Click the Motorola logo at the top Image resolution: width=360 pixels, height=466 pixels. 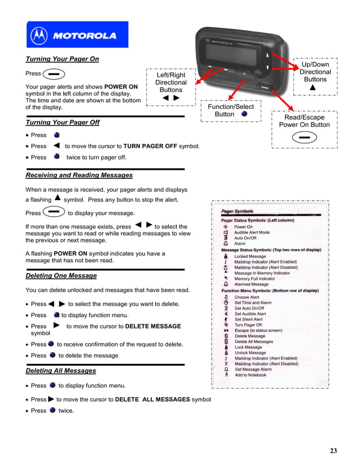(x=77, y=35)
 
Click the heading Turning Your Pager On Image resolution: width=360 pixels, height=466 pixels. (x=62, y=59)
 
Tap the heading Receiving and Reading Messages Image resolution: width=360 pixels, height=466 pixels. (x=79, y=175)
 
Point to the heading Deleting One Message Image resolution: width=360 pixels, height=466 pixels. (x=61, y=276)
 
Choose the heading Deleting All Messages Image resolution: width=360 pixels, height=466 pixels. (x=60, y=371)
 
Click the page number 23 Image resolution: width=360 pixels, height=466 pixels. (x=333, y=450)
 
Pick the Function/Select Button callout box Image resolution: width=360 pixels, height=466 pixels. (x=231, y=110)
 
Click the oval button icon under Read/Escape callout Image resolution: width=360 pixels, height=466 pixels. (x=304, y=137)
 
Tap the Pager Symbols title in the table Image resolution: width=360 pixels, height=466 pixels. (x=237, y=212)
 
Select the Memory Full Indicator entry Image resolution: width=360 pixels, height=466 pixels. (x=254, y=279)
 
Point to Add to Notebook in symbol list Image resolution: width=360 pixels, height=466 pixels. (x=251, y=375)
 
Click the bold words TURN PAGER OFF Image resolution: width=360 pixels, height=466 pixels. (x=150, y=146)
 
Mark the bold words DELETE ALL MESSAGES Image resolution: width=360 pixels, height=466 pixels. (x=152, y=399)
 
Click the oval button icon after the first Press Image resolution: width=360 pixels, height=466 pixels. (x=54, y=74)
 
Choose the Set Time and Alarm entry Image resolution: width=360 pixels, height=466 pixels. (x=253, y=303)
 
